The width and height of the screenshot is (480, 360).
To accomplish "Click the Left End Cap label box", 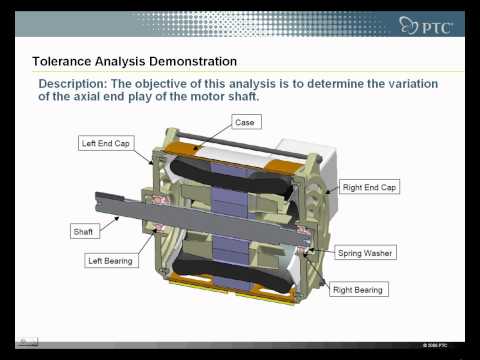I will (106, 143).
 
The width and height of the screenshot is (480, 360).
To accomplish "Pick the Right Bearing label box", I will (358, 290).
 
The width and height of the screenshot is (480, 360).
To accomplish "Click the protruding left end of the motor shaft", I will (115, 201).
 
